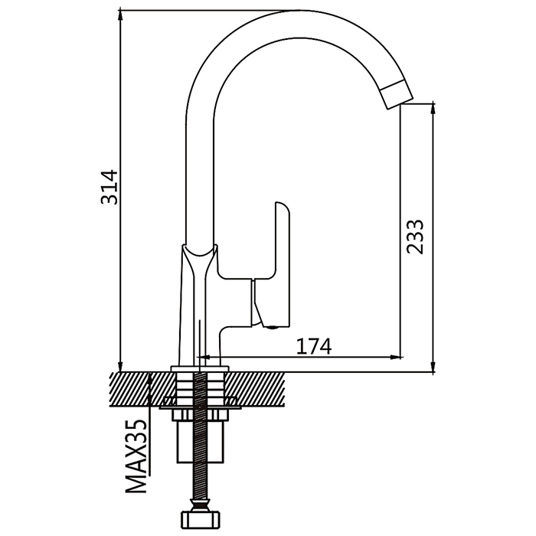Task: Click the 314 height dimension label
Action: point(109,187)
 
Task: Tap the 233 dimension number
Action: point(415,237)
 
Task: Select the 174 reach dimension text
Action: point(313,346)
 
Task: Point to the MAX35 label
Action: point(136,456)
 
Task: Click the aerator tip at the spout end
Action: point(397,93)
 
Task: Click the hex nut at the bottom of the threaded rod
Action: point(200,521)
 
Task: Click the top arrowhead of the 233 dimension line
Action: point(433,110)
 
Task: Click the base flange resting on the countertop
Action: point(200,368)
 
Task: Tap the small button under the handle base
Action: point(273,328)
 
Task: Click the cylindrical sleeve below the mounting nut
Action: point(200,441)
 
